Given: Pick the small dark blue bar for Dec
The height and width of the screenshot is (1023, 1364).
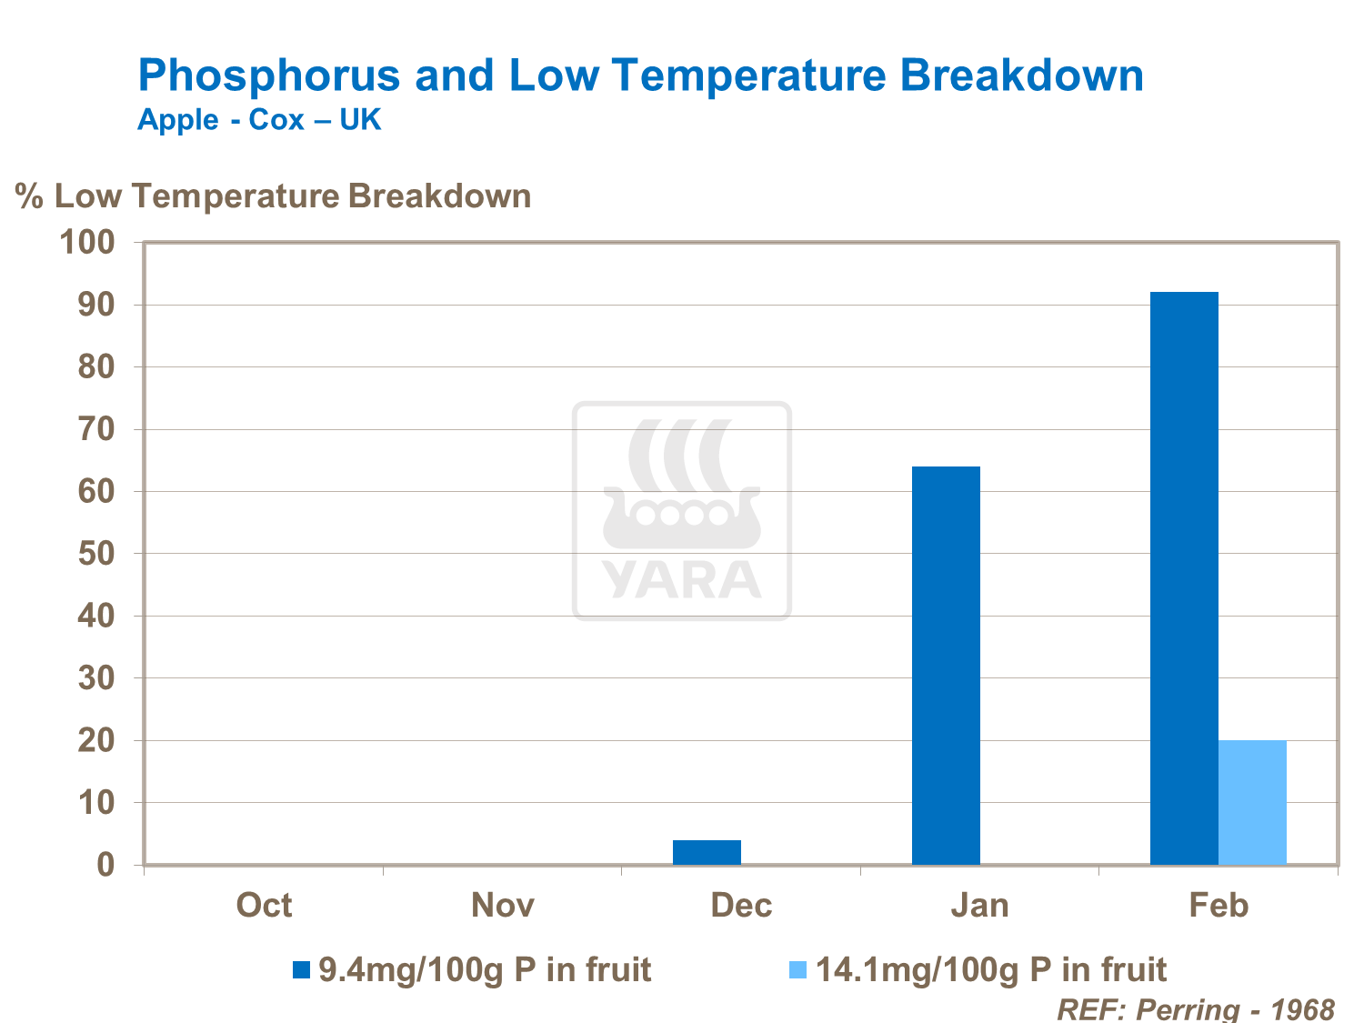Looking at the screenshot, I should coord(707,852).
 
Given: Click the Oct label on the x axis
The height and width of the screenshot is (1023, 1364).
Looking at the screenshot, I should coord(264,906).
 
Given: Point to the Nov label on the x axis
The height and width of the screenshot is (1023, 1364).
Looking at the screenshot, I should coord(503,906).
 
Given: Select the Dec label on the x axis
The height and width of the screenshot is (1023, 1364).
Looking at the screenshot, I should coord(741,906).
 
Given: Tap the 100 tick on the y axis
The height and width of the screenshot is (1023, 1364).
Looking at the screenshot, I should coord(87,242).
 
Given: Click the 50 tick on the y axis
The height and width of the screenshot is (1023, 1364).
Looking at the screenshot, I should coord(96,554).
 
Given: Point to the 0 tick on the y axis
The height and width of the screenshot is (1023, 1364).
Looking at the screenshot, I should coord(106,865).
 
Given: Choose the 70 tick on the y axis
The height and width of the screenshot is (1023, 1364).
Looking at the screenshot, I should coord(96,429).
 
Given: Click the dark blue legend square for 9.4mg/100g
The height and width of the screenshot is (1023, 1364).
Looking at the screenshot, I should coord(301,970).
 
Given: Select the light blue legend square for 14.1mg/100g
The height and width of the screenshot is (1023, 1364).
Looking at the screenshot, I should coord(797,970).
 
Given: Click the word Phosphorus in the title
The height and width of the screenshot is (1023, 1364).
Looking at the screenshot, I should coord(269,75).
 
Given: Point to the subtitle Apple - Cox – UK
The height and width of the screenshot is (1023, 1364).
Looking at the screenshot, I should coord(259,120).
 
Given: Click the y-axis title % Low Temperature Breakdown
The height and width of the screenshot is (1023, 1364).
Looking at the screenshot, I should coord(274,196).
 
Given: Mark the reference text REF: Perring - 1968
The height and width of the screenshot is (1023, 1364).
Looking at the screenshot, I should coord(1195,1008).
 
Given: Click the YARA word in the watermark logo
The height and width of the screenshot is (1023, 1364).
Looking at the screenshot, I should coord(682,580).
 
